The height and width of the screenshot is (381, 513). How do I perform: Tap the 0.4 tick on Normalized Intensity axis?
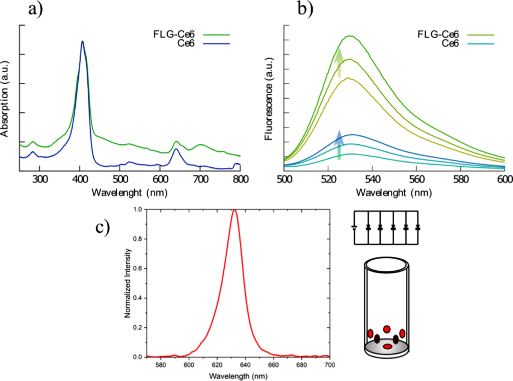click(x=138, y=298)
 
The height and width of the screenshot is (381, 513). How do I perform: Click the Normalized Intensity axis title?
click(x=126, y=282)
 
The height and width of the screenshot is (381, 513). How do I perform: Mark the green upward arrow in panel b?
click(x=339, y=63)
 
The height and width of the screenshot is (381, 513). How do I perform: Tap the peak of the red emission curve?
click(x=234, y=210)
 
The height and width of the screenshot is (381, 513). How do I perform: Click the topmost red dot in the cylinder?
click(x=387, y=329)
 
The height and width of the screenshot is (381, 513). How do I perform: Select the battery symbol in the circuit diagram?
click(x=355, y=228)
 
